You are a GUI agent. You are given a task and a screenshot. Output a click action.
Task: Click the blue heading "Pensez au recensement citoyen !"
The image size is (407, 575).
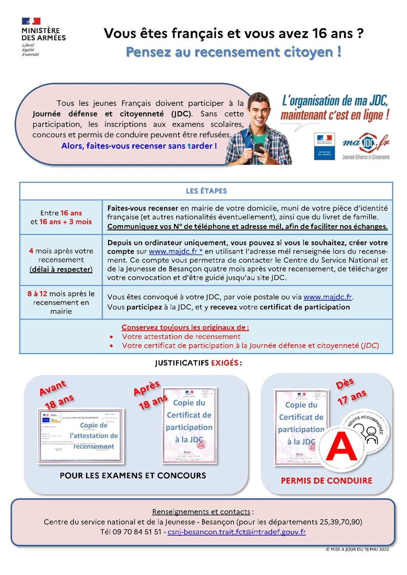233,52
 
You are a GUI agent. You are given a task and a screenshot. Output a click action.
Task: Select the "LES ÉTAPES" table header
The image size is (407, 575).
206,191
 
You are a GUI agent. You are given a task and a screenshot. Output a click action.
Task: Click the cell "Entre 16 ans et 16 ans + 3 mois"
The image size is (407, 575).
61,217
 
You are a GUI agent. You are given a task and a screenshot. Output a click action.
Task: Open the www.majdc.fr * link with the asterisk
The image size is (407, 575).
176,251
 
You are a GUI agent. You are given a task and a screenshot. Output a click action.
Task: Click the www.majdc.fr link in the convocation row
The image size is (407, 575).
327,297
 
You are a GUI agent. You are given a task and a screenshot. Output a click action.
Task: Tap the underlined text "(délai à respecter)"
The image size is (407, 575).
61,269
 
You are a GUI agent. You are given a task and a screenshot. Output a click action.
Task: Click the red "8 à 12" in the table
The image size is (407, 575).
37,294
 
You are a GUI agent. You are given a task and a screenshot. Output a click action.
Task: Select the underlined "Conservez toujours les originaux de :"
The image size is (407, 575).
185,327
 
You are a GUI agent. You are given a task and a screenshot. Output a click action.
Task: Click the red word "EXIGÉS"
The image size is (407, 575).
224,363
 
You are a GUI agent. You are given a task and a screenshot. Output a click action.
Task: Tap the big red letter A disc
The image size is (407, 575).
341,448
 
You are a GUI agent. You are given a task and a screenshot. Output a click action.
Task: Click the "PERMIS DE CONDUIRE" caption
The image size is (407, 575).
326,481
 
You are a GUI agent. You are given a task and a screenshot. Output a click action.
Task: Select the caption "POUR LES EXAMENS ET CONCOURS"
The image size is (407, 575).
133,476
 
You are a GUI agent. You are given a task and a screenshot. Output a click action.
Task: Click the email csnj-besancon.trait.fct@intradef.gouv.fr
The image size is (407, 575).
236,532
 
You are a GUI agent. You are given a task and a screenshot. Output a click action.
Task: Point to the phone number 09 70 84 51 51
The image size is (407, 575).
137,532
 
